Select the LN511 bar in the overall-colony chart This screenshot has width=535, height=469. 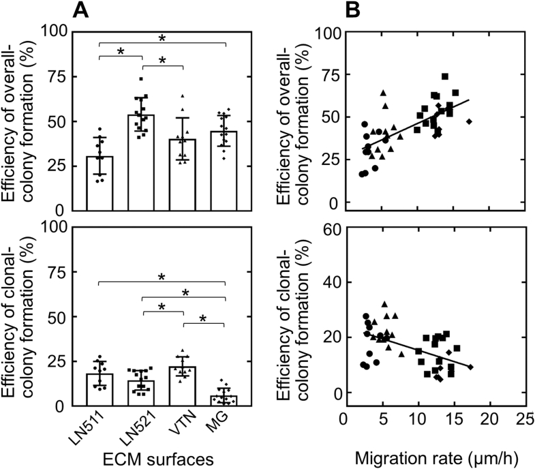click(100, 184)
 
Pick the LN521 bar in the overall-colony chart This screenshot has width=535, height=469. click(141, 164)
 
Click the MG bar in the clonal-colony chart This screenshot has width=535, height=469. click(224, 400)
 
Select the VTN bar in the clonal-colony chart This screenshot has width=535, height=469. click(183, 386)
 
